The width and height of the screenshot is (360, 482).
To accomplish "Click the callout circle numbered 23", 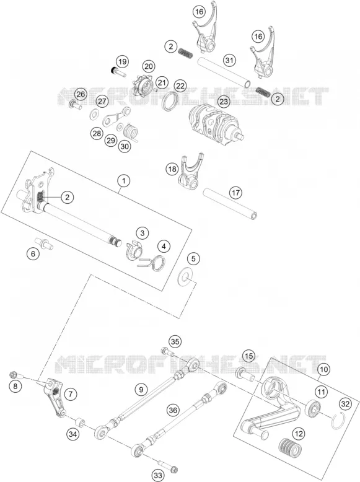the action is coord(224,101).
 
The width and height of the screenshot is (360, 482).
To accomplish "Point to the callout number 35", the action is coord(175,341).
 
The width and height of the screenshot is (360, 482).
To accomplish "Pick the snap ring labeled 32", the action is coord(340,420).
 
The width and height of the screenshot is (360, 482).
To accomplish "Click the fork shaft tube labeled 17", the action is coord(230,204).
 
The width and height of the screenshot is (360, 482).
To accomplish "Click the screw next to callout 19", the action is coord(119,72).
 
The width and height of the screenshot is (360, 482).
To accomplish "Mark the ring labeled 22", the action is coord(169,100).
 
